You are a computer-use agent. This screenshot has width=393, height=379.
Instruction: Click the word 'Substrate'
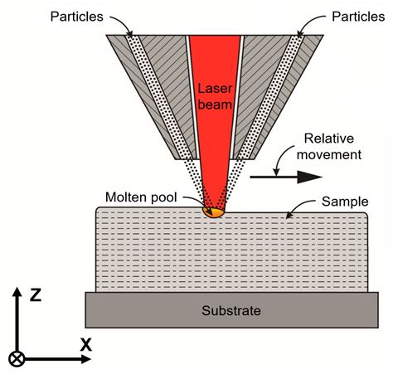coord(231,311)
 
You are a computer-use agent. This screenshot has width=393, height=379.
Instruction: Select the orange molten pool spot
coord(213,211)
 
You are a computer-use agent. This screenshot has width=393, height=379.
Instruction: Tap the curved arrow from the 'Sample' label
coord(300,208)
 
